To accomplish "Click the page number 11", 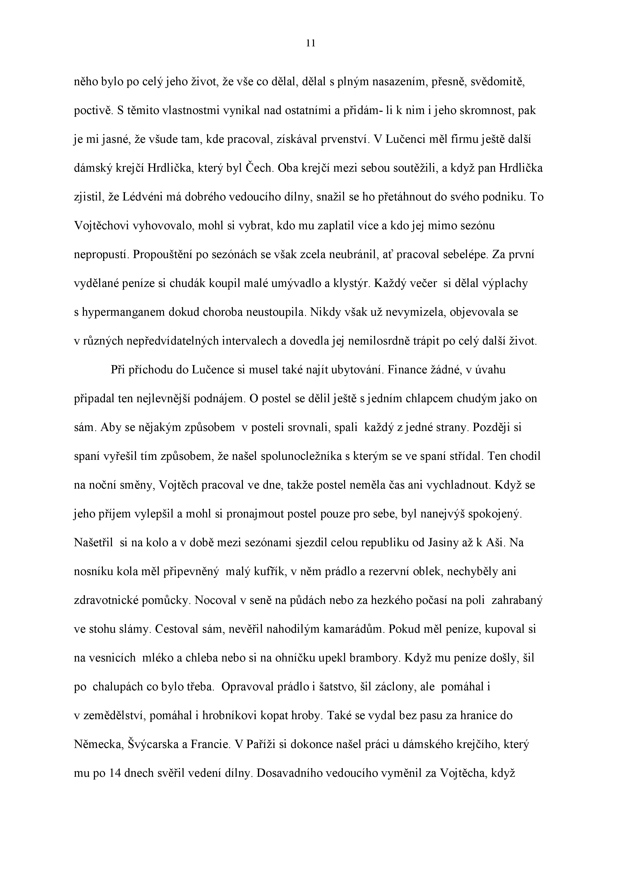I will [311, 44].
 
